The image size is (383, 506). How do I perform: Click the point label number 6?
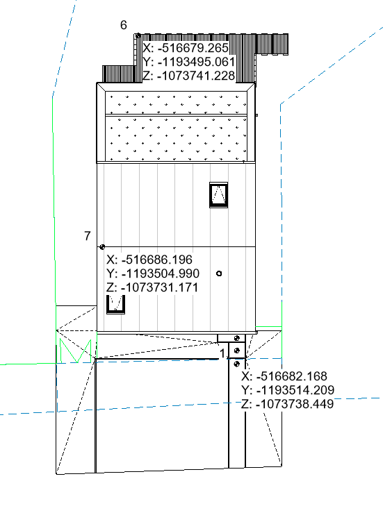coord(124,25)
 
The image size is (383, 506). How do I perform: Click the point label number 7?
coord(88,236)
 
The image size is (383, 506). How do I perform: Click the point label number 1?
coord(222,354)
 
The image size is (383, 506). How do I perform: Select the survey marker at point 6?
coord(138,35)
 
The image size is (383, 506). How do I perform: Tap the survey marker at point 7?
coord(102,247)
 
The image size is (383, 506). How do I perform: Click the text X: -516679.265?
coord(186,48)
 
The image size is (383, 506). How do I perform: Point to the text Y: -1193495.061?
coord(189,62)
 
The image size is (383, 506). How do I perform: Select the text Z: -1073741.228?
coord(189,76)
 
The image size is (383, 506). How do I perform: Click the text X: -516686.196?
coord(149,260)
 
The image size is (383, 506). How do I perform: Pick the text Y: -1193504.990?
coord(153,273)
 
